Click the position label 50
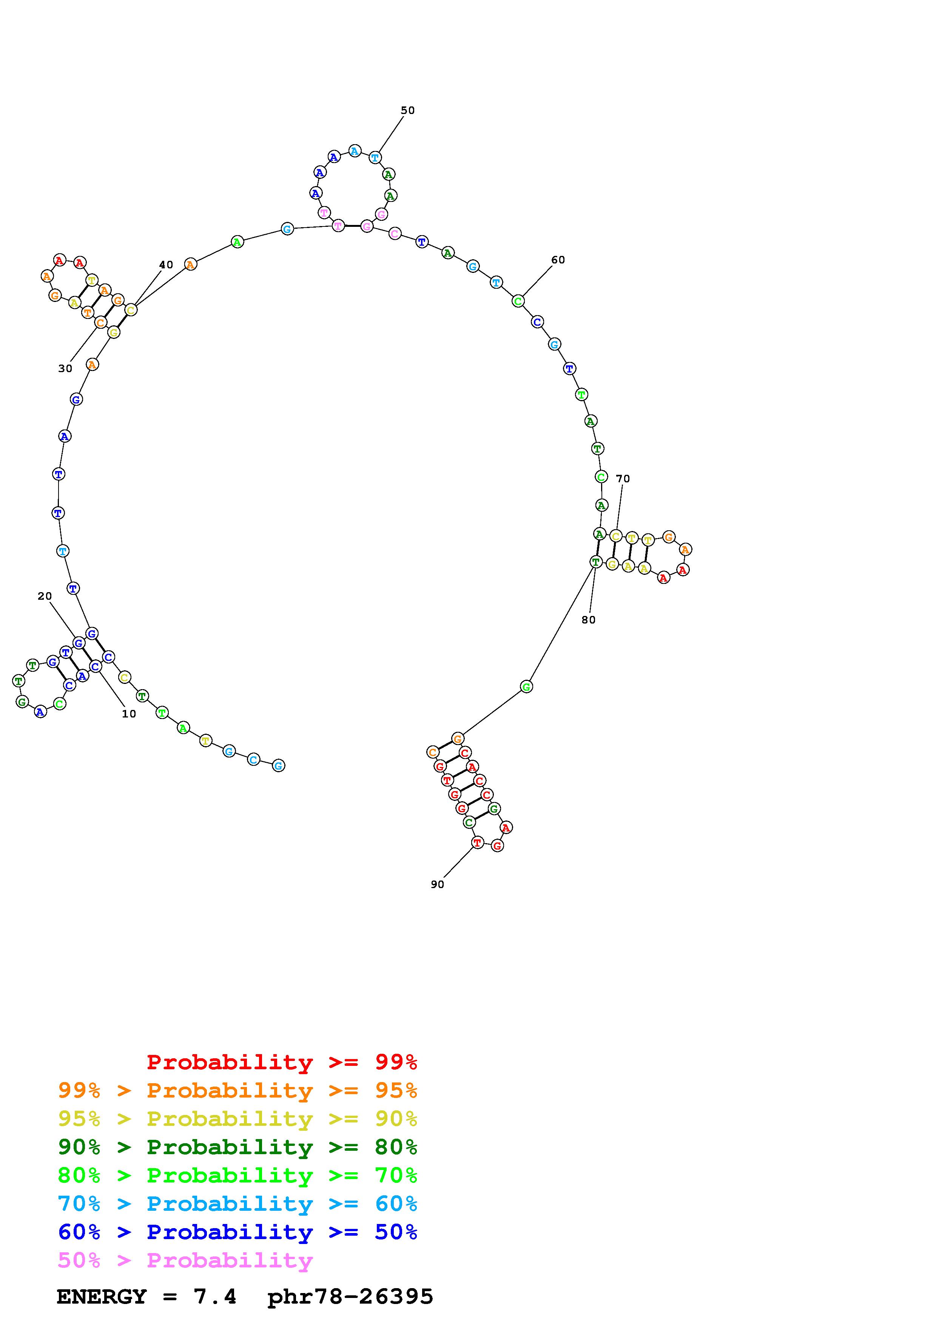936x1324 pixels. tap(408, 110)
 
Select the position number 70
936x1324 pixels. tap(623, 479)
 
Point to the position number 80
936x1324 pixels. tap(588, 620)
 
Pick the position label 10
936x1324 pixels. tap(129, 714)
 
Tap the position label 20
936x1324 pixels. tap(45, 596)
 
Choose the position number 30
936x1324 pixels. tap(65, 368)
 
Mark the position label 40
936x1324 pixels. tap(166, 265)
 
